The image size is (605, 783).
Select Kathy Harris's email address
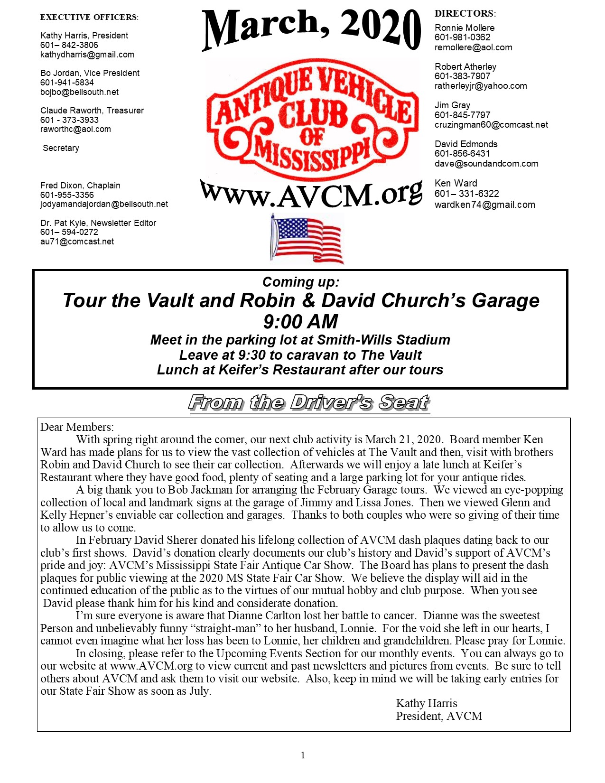pyautogui.click(x=87, y=55)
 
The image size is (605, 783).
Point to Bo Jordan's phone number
pyautogui.click(x=67, y=83)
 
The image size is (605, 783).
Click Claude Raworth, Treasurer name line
pyautogui.click(x=92, y=111)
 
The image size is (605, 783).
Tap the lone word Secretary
pyautogui.click(x=61, y=148)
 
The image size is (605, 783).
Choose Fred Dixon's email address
pyautogui.click(x=104, y=204)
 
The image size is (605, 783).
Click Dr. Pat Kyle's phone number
pyautogui.click(x=69, y=232)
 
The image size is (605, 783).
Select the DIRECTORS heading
pyautogui.click(x=465, y=14)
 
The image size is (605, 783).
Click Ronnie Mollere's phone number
pyautogui.click(x=463, y=37)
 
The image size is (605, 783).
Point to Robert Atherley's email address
pyautogui.click(x=481, y=86)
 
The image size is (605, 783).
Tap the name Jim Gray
pyautogui.click(x=452, y=105)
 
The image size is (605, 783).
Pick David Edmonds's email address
pyautogui.click(x=486, y=164)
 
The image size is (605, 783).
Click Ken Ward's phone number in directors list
pyautogui.click(x=466, y=194)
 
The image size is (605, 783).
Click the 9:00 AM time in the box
pyautogui.click(x=300, y=322)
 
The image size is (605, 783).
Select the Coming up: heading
pyautogui.click(x=301, y=282)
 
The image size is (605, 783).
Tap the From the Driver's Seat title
pyautogui.click(x=309, y=403)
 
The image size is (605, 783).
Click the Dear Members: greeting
pyautogui.click(x=77, y=427)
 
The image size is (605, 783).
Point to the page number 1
pyautogui.click(x=303, y=755)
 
